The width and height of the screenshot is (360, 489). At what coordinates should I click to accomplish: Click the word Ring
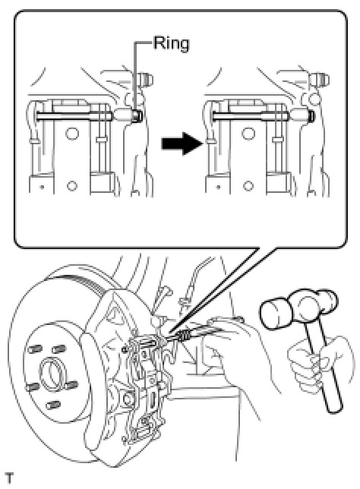point(171,44)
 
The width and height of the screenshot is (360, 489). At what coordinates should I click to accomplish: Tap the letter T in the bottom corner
point(10,478)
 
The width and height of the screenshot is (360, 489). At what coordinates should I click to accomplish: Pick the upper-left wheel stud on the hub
point(34,349)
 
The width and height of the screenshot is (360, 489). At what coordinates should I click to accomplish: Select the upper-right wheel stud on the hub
point(59,349)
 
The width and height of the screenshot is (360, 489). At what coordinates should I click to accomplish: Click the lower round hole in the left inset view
point(71,186)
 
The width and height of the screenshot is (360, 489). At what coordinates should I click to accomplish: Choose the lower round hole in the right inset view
point(248,186)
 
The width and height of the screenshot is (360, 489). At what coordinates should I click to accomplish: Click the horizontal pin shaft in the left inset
point(74,115)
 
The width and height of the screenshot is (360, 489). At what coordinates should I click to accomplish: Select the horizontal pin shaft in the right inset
point(250,115)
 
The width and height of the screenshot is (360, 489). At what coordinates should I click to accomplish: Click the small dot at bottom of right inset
point(219,188)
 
